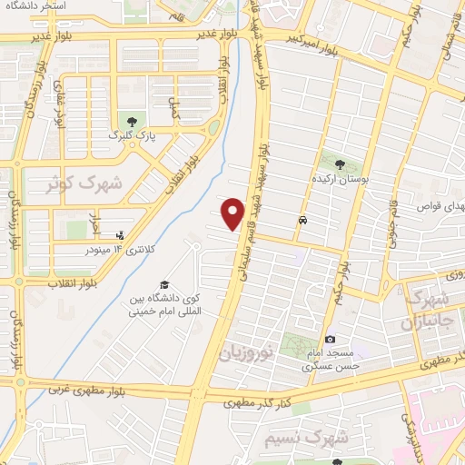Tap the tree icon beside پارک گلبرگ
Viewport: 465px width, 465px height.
click(134, 121)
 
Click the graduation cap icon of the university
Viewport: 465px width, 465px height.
click(163, 284)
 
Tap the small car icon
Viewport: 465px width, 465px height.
click(302, 220)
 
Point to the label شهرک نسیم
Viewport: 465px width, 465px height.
click(306, 439)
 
